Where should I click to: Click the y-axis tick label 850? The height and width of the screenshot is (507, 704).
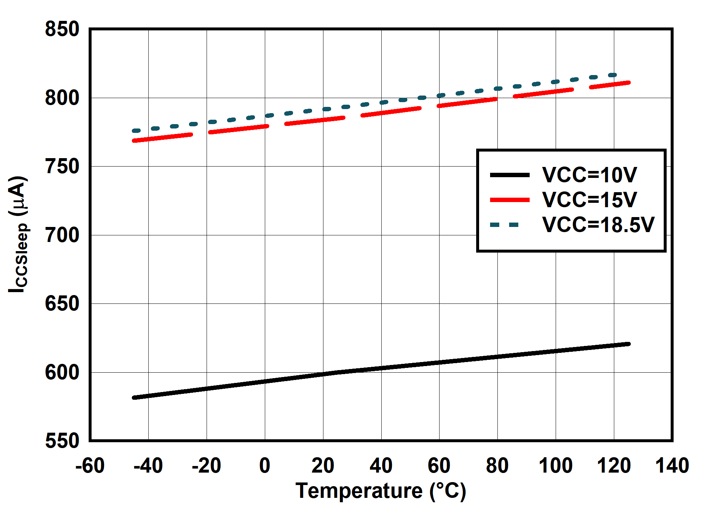[x=62, y=29]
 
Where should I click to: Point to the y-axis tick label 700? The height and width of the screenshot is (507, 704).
[x=62, y=235]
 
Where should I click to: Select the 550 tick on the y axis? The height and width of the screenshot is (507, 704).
[x=62, y=440]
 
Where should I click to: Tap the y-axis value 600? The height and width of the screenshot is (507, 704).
[x=62, y=372]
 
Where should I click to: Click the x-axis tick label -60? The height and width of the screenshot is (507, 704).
[x=90, y=466]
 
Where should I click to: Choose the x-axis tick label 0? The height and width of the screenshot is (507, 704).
[x=264, y=466]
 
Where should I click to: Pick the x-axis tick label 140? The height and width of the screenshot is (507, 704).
[x=672, y=466]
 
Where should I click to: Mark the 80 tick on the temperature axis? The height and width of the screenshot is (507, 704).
[x=497, y=466]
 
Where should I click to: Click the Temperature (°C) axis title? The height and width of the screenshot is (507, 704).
[x=381, y=491]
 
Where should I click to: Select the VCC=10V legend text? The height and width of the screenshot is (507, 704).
[x=589, y=175]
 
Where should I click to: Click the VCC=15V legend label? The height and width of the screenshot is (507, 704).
[x=589, y=200]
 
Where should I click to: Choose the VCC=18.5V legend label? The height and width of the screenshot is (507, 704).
[x=598, y=224]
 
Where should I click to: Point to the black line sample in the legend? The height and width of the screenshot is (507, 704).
[x=510, y=175]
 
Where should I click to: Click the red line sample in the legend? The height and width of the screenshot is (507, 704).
[x=510, y=200]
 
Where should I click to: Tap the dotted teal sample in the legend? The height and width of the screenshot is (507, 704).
[x=505, y=224]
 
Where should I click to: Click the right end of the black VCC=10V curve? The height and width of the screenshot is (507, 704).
[x=629, y=344]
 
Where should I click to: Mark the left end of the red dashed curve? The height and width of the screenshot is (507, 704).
[x=134, y=141]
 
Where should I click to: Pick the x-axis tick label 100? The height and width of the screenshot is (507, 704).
[x=555, y=466]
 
